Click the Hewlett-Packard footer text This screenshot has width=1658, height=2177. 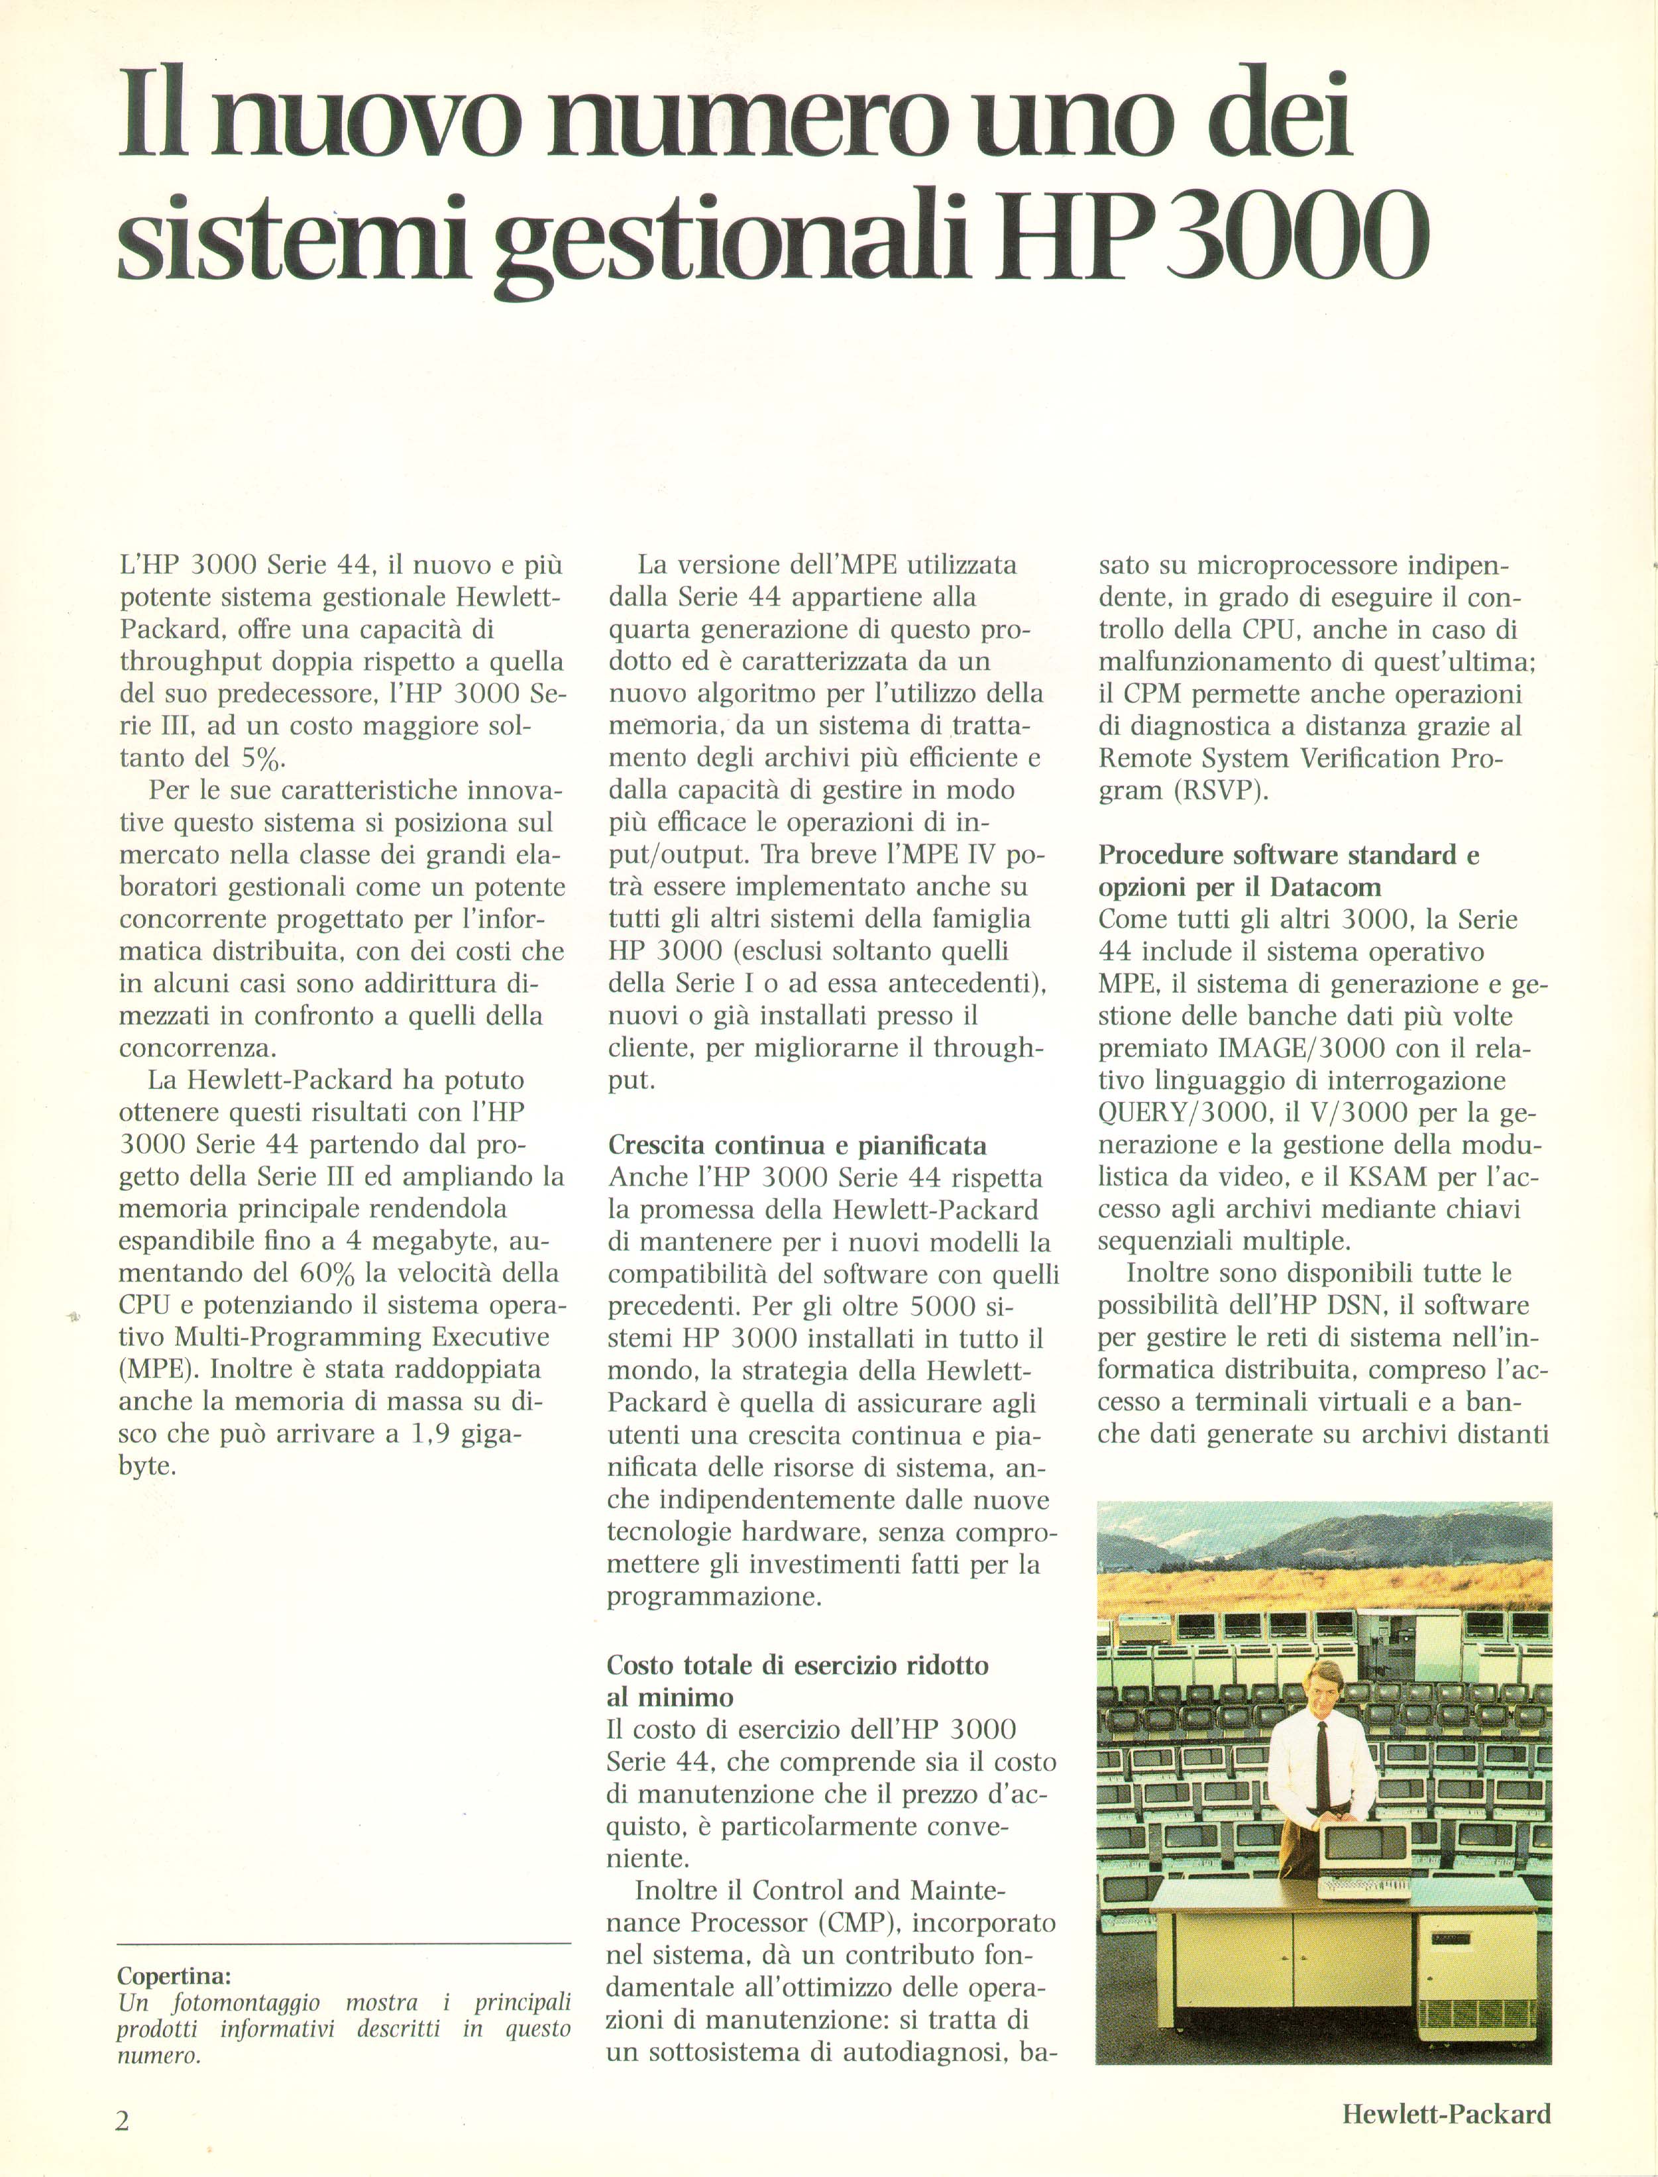[x=1446, y=2113]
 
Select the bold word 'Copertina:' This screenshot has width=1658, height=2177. [x=174, y=1976]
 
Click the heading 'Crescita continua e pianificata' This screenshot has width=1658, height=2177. [x=797, y=1146]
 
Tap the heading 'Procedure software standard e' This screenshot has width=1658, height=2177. [x=1289, y=855]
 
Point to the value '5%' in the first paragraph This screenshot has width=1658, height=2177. [x=264, y=759]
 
